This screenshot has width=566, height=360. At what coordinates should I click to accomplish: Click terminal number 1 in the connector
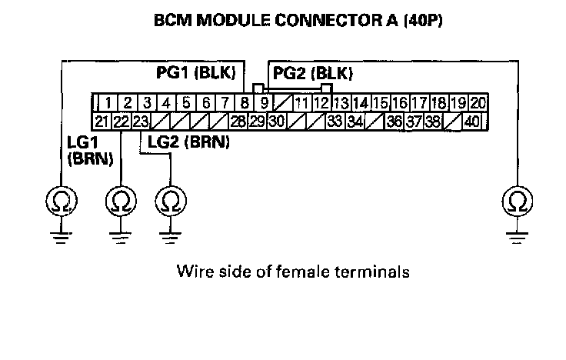[110, 102]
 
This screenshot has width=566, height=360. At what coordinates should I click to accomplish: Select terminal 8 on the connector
[244, 102]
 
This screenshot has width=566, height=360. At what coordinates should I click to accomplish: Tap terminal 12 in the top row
[322, 102]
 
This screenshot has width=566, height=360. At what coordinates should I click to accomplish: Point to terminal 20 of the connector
[478, 102]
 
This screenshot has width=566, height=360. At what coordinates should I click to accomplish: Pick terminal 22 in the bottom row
[121, 121]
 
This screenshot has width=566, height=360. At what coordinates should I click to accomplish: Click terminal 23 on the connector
[140, 121]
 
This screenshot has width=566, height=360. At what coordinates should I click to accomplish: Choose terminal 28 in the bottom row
[236, 121]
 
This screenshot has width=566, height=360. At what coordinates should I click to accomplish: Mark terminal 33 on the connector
[334, 121]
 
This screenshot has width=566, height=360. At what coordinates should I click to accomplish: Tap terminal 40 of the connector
[471, 121]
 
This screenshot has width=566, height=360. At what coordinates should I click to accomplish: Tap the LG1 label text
[81, 144]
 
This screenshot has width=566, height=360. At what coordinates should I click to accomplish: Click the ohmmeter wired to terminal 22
[120, 203]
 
